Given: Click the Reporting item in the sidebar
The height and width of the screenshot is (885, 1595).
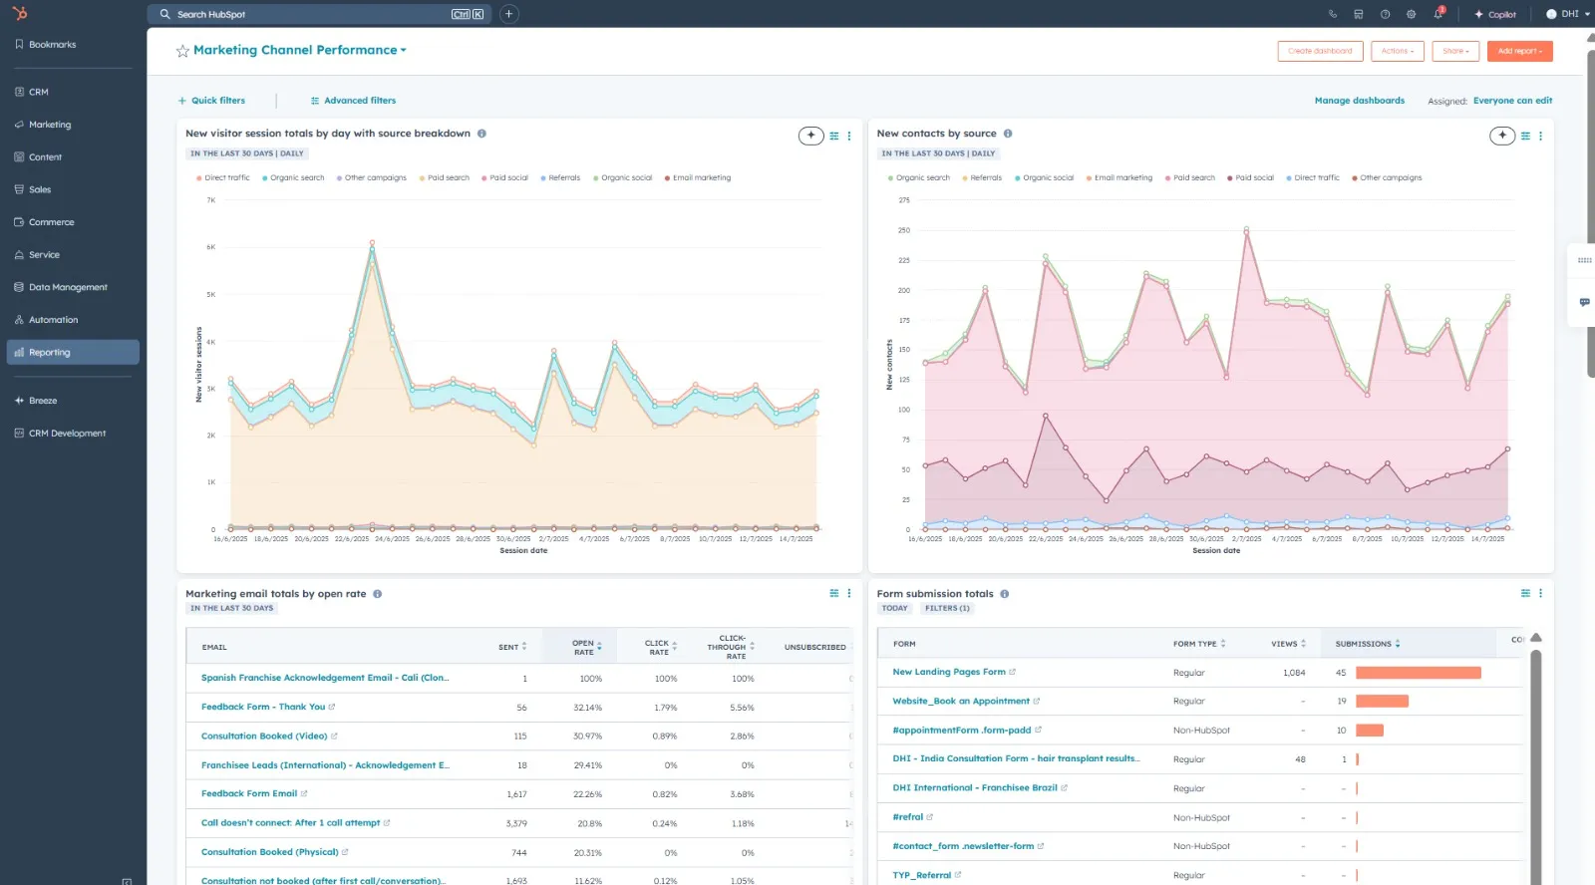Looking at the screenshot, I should (x=50, y=353).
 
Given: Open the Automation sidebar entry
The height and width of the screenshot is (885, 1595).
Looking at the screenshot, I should (x=53, y=320).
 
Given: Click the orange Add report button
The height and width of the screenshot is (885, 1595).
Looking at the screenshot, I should (x=1519, y=51).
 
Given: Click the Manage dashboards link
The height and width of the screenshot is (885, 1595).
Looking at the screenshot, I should (x=1359, y=101).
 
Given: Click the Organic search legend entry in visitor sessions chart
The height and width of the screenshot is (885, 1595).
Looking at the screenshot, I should (x=296, y=178).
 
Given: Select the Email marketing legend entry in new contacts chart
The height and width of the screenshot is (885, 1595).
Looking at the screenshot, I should (x=1122, y=178).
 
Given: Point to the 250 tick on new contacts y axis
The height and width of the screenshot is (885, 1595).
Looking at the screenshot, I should (x=904, y=230).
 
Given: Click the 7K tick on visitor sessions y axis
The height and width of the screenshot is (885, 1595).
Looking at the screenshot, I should (x=210, y=200).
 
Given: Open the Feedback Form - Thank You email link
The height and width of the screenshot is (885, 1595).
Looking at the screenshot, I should (x=263, y=707).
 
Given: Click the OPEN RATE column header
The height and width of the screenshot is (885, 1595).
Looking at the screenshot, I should (x=584, y=647).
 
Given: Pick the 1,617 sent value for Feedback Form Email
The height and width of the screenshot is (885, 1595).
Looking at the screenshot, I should (x=516, y=794).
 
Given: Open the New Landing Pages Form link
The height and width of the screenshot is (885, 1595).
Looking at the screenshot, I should (x=948, y=672).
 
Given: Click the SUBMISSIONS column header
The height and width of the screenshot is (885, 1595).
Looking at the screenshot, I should (x=1364, y=644).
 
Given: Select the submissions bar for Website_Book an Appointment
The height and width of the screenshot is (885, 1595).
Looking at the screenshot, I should (x=1382, y=701).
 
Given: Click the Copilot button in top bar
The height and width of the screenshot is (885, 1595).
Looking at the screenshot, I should (x=1495, y=14).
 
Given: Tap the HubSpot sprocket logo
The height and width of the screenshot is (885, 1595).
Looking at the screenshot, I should (x=20, y=13).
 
